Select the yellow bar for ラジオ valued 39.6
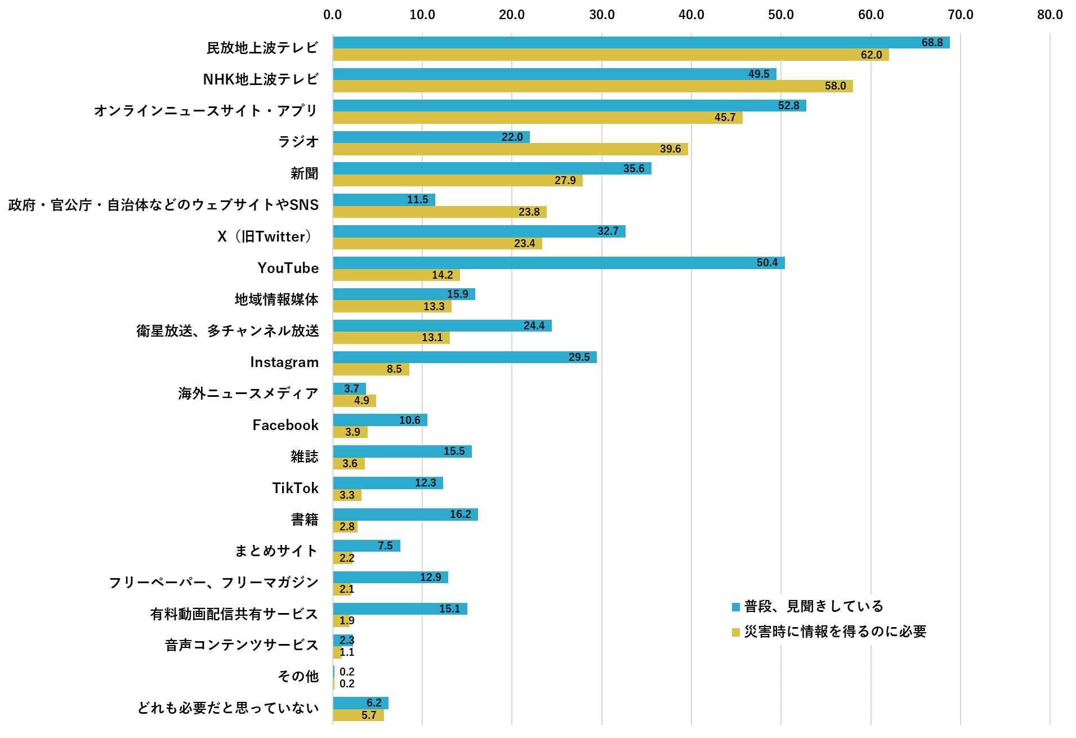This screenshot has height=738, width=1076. (510, 149)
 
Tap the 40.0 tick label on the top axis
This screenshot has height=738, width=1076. (691, 15)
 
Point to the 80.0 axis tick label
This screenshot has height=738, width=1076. (1050, 15)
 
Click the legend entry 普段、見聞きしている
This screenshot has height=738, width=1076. (813, 606)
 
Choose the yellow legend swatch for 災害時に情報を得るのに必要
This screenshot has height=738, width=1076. (735, 632)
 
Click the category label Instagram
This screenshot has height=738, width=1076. (284, 363)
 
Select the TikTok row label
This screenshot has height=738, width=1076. (295, 488)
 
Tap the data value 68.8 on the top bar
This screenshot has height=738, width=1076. (932, 43)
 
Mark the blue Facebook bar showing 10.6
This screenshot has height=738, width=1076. (379, 420)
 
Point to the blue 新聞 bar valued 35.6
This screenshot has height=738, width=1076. (492, 168)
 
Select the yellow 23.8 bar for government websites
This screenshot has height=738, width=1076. (439, 212)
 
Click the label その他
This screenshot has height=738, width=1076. (298, 676)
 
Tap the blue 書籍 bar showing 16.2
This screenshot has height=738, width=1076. (405, 515)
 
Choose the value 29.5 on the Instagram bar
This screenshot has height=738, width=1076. (579, 357)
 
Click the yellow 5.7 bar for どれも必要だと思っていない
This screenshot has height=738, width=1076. (358, 715)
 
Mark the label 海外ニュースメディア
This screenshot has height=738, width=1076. (248, 393)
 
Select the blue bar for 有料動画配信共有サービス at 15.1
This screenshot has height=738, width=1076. (400, 609)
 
